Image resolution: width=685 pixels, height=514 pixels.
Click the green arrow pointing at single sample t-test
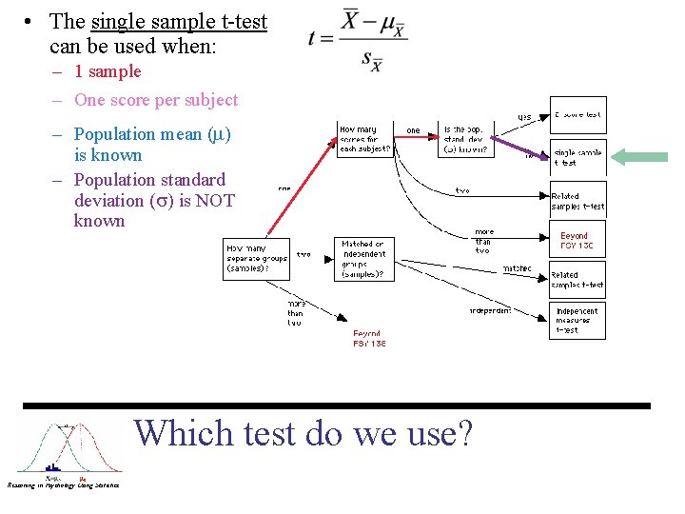639,157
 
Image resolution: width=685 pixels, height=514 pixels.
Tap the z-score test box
577,115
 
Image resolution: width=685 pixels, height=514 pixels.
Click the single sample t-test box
577,157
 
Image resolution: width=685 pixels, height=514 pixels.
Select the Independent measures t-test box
577,321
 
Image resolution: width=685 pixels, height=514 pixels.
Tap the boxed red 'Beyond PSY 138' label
577,240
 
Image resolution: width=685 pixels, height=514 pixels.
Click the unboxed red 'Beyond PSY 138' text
369,339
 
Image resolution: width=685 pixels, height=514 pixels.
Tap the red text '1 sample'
108,71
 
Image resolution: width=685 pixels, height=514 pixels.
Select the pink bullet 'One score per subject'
155,100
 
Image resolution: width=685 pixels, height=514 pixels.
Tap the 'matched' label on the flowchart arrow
517,269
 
